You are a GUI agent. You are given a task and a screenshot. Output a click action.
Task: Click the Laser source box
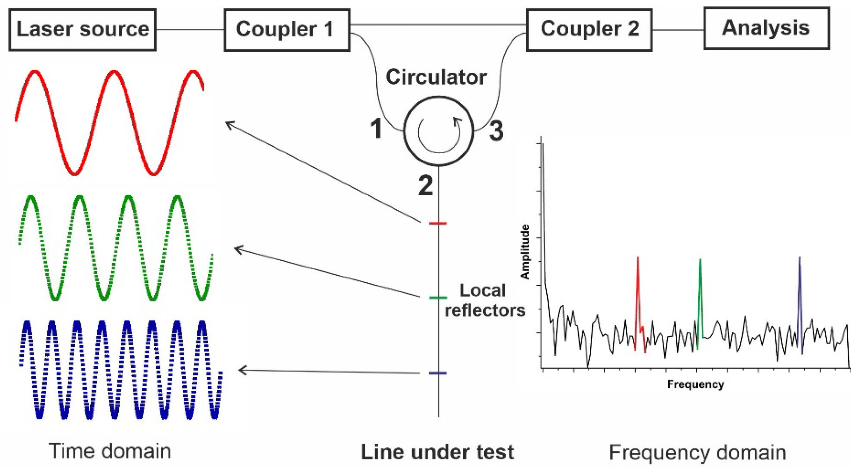(x=82, y=30)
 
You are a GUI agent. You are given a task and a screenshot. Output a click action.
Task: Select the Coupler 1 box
(x=287, y=30)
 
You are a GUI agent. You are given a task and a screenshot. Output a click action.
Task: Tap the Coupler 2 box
(x=589, y=30)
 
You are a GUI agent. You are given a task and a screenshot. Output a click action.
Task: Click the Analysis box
(x=766, y=29)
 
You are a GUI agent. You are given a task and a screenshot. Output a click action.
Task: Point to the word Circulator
(x=436, y=77)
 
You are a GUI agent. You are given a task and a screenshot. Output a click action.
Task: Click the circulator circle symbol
(x=438, y=131)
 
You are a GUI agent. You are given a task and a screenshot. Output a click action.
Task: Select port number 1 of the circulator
(x=376, y=129)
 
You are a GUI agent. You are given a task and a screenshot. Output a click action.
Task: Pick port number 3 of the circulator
(x=496, y=131)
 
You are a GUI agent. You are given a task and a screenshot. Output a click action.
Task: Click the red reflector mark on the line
(x=438, y=223)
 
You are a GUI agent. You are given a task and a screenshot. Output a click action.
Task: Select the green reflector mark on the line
(x=438, y=298)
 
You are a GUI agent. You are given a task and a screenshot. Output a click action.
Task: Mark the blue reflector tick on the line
(x=438, y=373)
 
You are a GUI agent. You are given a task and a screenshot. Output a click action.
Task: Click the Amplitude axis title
(x=525, y=252)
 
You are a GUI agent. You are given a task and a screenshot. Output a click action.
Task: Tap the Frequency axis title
(x=695, y=384)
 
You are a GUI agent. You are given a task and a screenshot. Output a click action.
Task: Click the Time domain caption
(x=110, y=451)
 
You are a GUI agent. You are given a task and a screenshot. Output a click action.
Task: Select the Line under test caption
(x=437, y=452)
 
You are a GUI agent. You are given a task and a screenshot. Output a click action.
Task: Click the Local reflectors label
(x=484, y=300)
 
